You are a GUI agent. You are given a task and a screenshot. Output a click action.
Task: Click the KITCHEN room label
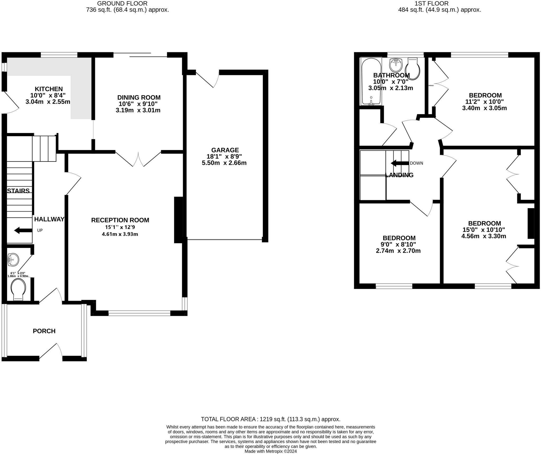(49, 89)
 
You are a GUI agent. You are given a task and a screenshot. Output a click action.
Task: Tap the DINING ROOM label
(139, 97)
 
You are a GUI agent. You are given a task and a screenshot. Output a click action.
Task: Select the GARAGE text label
(225, 150)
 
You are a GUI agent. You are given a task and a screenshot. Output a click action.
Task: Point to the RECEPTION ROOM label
(120, 220)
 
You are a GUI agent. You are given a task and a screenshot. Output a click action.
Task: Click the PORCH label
(44, 331)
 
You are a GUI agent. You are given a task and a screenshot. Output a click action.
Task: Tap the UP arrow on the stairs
(23, 230)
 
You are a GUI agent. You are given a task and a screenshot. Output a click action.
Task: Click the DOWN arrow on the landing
(400, 163)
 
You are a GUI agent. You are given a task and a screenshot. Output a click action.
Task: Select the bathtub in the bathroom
(371, 82)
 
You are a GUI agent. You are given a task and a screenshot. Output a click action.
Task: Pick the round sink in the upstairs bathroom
(396, 65)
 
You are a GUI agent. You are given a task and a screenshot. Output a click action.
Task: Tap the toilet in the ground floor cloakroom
(18, 289)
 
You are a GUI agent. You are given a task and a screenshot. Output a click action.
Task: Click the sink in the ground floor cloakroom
(13, 260)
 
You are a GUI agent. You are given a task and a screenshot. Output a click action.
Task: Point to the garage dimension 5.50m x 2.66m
(224, 163)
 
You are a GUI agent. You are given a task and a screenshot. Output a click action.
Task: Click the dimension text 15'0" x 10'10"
(484, 230)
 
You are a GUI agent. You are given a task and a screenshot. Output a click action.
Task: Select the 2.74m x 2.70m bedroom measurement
(398, 251)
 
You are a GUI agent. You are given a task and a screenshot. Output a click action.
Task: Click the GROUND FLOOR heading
(122, 3)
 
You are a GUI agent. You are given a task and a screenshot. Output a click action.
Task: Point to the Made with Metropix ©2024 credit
(270, 451)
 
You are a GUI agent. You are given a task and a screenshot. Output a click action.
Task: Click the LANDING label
(399, 175)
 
